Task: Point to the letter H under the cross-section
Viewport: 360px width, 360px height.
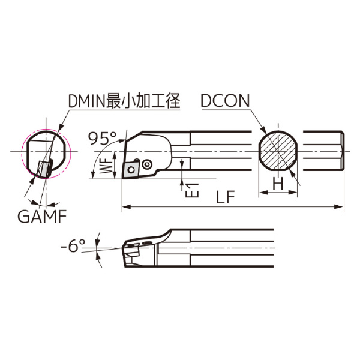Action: pyautogui.click(x=278, y=185)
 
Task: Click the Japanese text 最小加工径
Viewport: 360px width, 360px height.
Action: pyautogui.click(x=151, y=101)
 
